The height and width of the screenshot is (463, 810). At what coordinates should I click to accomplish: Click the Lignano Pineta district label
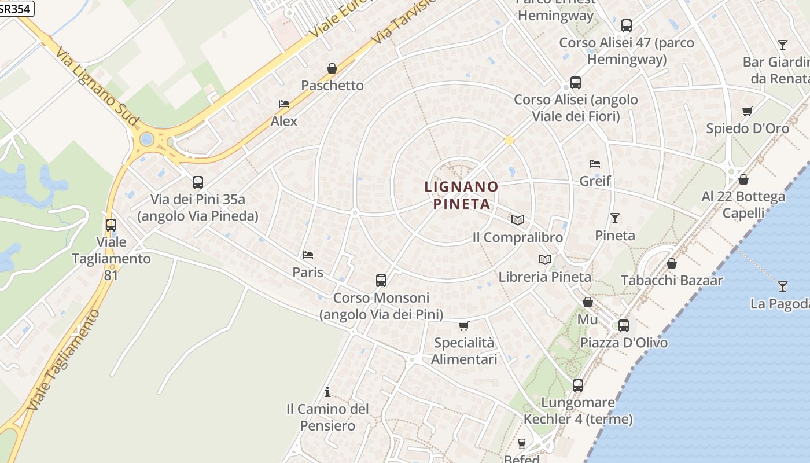coord(461,195)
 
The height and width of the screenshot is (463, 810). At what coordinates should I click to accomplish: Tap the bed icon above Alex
coord(283,104)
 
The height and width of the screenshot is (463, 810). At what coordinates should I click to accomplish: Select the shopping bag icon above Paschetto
coord(332,68)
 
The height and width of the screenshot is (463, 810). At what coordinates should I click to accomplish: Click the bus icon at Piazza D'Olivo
coord(623,325)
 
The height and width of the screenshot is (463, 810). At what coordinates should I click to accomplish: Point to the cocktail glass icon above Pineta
coord(614,218)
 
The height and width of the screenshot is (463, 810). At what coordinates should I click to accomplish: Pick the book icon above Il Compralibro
coord(517,220)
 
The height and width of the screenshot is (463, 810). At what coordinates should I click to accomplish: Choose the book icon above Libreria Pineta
coord(544,259)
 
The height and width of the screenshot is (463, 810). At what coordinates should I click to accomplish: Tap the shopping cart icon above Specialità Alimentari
coord(463,326)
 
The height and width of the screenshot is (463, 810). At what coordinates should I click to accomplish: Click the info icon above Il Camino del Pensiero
coord(327,392)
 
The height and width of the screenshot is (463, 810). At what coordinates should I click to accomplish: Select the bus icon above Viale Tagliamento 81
coord(111,225)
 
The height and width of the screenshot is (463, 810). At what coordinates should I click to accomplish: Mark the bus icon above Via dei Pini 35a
coord(197,182)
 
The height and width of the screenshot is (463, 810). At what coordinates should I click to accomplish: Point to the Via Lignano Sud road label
coord(97,87)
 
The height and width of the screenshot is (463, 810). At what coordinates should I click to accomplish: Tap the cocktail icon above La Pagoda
coord(782,285)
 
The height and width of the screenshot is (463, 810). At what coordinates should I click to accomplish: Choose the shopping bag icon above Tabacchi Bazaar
coord(672,263)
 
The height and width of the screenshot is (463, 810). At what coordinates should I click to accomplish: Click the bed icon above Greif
coord(595,164)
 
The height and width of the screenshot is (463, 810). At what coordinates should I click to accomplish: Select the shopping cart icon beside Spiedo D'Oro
coord(748,111)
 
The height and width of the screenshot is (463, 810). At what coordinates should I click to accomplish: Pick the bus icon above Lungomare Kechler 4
coord(577,385)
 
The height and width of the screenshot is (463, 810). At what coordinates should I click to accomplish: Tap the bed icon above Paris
coord(307,255)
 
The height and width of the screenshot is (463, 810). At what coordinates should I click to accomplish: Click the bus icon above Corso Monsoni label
coord(381,281)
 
